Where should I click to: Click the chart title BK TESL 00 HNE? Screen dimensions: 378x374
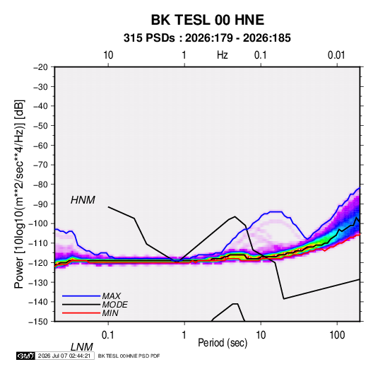coord(208,20)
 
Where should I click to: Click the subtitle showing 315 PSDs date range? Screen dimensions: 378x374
coord(207,38)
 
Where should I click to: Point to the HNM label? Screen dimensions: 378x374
coord(83,200)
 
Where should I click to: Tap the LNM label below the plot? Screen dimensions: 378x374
coord(81,347)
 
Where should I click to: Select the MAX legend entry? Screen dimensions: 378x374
coord(111,296)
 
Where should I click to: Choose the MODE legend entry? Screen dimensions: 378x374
coord(114,305)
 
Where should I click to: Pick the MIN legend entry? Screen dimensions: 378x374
coord(110,313)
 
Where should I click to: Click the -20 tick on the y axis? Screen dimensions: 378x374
coord(40,67)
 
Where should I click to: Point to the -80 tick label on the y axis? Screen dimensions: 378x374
coord(40,185)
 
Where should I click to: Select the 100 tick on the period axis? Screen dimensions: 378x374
coord(337,335)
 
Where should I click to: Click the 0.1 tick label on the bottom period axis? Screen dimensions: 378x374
coord(108,335)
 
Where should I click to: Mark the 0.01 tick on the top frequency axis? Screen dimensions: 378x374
coord(336,55)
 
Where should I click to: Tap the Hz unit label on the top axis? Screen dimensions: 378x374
coord(223,55)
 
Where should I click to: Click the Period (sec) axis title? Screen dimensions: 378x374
coord(223,343)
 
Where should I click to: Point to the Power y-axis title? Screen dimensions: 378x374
coord(19,194)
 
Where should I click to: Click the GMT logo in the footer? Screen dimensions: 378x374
coord(25,356)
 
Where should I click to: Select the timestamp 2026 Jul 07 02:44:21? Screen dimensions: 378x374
coord(64,356)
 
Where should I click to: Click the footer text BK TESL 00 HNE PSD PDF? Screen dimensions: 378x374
coord(129,356)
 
